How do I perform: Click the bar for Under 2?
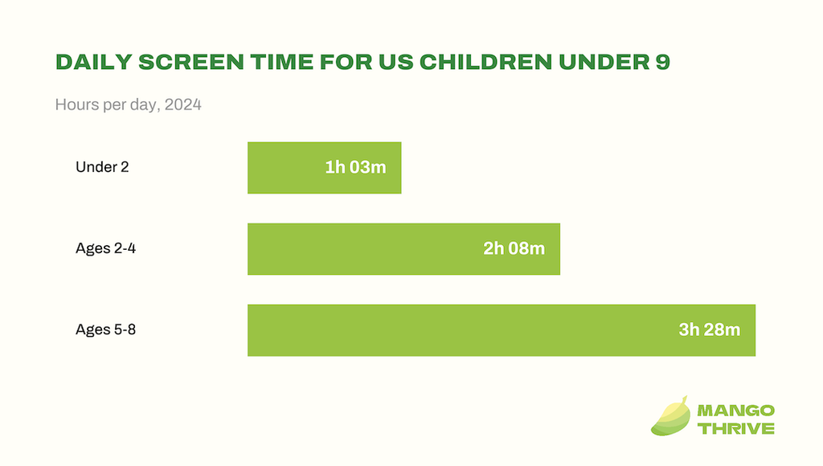point(325,168)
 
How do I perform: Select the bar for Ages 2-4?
point(403,249)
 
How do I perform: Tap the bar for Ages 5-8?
point(502,330)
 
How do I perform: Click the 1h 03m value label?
point(355,167)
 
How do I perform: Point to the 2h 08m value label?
point(514,248)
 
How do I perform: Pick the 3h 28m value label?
point(709,329)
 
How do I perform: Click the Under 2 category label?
point(102,167)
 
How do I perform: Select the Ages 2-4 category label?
point(105,248)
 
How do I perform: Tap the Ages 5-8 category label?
point(105,329)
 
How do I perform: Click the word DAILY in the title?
point(94,62)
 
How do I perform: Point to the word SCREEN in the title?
point(191,62)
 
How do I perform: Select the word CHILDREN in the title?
point(485,62)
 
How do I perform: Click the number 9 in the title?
point(663,62)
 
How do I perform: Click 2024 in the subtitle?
point(182,104)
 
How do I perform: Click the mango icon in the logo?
point(670,416)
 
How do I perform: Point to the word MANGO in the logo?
point(736,411)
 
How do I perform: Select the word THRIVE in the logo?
point(736,428)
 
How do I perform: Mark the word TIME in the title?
point(281,62)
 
